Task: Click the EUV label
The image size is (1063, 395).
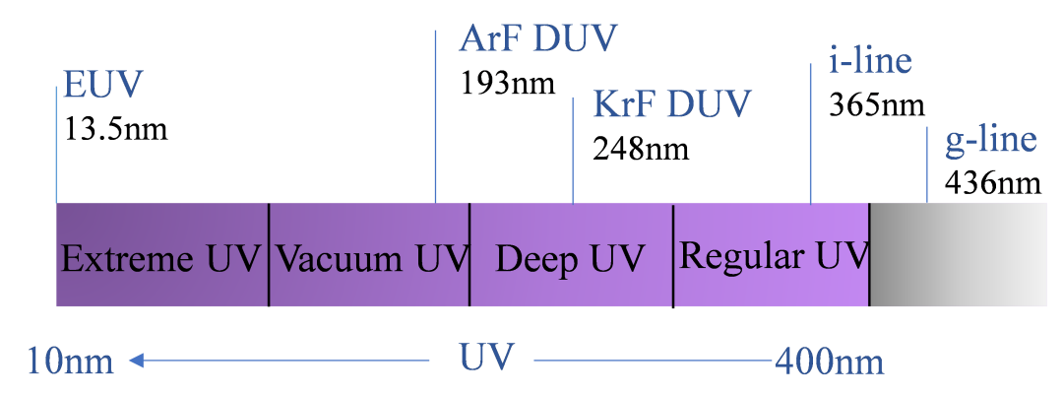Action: pyautogui.click(x=102, y=84)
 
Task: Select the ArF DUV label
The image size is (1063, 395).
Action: pyautogui.click(x=537, y=39)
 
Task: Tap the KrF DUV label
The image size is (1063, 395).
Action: pyautogui.click(x=671, y=103)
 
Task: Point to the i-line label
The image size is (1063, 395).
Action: pyautogui.click(x=870, y=61)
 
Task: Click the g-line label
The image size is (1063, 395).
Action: pyautogui.click(x=990, y=140)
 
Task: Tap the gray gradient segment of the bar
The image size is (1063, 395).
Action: pyautogui.click(x=958, y=254)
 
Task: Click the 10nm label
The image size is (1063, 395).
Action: pyautogui.click(x=70, y=362)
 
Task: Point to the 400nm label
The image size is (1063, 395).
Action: pyautogui.click(x=829, y=362)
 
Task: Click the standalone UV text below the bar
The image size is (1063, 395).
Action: pyautogui.click(x=486, y=358)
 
